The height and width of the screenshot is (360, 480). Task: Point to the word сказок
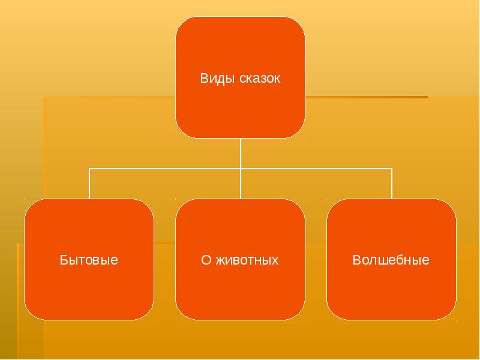click(259, 79)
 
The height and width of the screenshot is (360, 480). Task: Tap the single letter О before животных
click(205, 260)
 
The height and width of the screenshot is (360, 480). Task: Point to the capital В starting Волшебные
click(356, 260)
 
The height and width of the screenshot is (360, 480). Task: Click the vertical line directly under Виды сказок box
click(240, 153)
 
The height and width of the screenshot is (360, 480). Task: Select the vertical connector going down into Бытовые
click(89, 185)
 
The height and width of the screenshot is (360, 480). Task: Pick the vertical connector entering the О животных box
click(240, 185)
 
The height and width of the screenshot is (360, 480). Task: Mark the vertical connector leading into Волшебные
click(392, 185)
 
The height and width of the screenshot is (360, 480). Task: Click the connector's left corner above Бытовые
click(89, 169)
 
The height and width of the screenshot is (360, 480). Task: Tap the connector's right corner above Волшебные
click(392, 169)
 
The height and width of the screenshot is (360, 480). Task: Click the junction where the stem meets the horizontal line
click(240, 169)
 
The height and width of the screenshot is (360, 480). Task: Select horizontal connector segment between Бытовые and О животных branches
click(165, 169)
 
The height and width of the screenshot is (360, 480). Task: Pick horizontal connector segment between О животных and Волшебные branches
click(316, 169)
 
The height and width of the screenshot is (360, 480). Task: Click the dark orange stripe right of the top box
click(366, 97)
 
